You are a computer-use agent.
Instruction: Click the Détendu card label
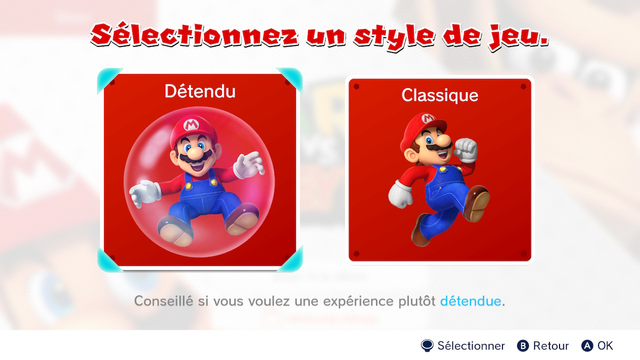pos(200,91)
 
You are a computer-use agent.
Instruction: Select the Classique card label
pos(439,95)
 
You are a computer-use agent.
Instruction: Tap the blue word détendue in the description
pos(470,301)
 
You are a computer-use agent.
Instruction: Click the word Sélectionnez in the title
pos(194,35)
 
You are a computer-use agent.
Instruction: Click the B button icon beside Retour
pos(523,345)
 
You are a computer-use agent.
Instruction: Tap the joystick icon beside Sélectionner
pos(427,345)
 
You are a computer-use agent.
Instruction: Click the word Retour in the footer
pos(551,345)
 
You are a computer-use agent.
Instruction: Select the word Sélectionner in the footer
pos(471,345)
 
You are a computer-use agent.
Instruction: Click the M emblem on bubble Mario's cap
pos(191,125)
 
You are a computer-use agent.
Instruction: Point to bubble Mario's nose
pos(195,153)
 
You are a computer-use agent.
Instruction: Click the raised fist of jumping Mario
pos(465,149)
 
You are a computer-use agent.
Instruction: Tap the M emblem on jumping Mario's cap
pos(427,118)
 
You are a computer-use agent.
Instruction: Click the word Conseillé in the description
pos(163,301)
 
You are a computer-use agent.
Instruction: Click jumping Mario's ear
pos(410,155)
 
